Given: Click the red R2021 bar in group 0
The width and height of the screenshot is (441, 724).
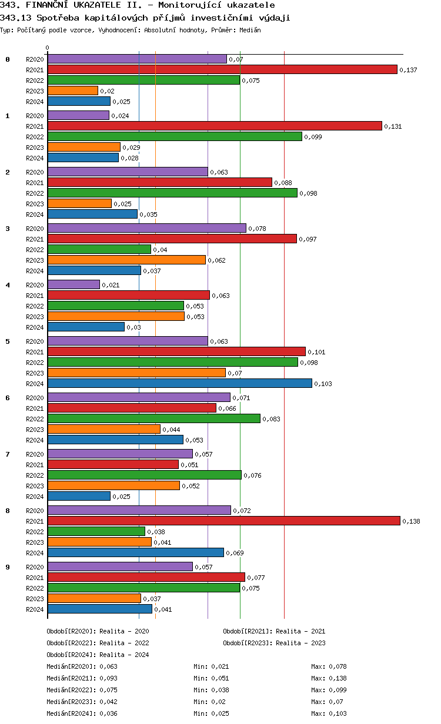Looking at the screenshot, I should [222, 69].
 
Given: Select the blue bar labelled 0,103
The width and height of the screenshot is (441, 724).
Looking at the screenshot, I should [179, 383].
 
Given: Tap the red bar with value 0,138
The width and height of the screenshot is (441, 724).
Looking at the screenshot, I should [223, 521].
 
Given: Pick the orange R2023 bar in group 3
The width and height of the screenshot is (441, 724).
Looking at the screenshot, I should [126, 260].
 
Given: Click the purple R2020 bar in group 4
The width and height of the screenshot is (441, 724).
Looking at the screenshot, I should [73, 284].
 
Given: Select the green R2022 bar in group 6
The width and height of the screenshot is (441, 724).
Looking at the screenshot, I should [153, 418].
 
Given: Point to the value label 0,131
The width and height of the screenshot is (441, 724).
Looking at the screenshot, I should [392, 126].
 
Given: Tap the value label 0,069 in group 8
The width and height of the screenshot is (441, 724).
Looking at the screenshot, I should [235, 553].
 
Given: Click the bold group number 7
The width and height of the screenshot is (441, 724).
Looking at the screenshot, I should [8, 454].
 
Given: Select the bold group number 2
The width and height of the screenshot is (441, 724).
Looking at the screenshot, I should [8, 172].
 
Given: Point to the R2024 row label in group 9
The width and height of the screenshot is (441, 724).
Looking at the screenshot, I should [35, 609].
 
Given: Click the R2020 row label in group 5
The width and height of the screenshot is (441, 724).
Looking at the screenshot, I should [35, 341].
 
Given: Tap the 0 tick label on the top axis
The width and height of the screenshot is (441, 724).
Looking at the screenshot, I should [48, 48].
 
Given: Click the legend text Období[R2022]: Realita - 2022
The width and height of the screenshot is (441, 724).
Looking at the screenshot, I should [98, 643].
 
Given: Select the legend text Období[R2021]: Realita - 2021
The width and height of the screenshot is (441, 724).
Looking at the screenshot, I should [274, 631].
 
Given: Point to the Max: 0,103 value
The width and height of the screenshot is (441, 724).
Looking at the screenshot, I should [329, 713].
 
